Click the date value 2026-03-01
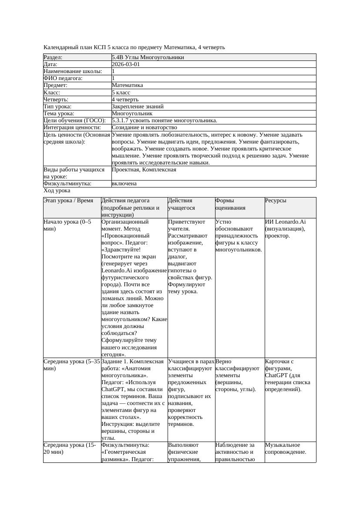click(126, 64)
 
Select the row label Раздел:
click(53, 57)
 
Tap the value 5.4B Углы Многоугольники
click(148, 57)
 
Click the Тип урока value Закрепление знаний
click(138, 106)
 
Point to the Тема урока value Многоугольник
click(132, 113)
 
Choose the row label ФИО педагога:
click(63, 78)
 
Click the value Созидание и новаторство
click(144, 127)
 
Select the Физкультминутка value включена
click(124, 184)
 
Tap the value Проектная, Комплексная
click(144, 169)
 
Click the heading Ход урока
click(57, 191)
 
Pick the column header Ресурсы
click(276, 201)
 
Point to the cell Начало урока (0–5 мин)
click(67, 225)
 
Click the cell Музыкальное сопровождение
click(286, 448)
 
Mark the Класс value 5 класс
click(121, 92)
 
